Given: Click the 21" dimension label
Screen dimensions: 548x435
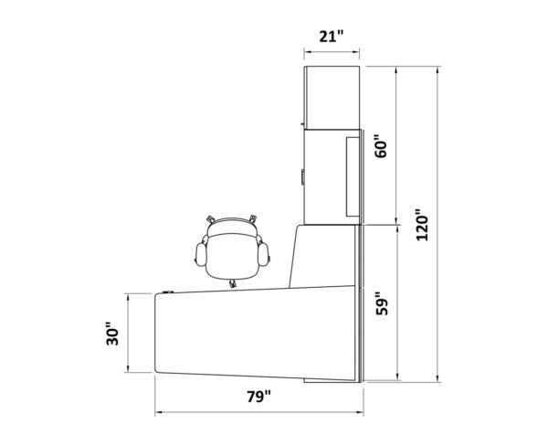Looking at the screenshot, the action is (332, 36).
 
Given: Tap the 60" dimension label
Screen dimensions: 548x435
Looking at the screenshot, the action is (381, 146).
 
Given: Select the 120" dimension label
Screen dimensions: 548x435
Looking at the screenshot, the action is (422, 225).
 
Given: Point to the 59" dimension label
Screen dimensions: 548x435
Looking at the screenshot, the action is (382, 303).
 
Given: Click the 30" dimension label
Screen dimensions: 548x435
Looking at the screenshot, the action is (112, 334).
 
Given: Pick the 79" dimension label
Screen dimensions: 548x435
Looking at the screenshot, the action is (259, 397).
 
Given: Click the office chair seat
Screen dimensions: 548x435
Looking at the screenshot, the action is (232, 256).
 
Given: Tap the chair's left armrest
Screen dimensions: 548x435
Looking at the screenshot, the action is (201, 254).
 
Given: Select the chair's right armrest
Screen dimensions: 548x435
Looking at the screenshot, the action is (263, 254).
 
